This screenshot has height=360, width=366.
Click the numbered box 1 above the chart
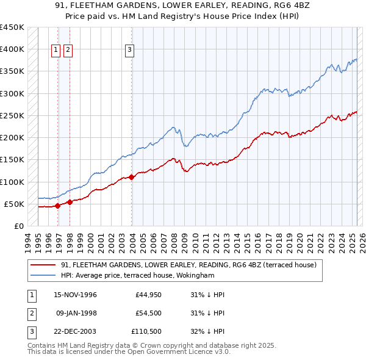click(x=56, y=51)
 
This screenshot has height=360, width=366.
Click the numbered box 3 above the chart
click(x=130, y=51)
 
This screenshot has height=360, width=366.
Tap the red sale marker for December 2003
click(x=132, y=177)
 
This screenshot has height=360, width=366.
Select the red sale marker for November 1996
click(x=58, y=206)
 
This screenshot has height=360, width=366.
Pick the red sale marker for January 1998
click(x=70, y=202)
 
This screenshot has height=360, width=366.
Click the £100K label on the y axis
click(x=12, y=182)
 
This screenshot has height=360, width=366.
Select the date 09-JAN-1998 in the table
click(x=76, y=313)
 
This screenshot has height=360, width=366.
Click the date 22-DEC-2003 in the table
click(x=76, y=331)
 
